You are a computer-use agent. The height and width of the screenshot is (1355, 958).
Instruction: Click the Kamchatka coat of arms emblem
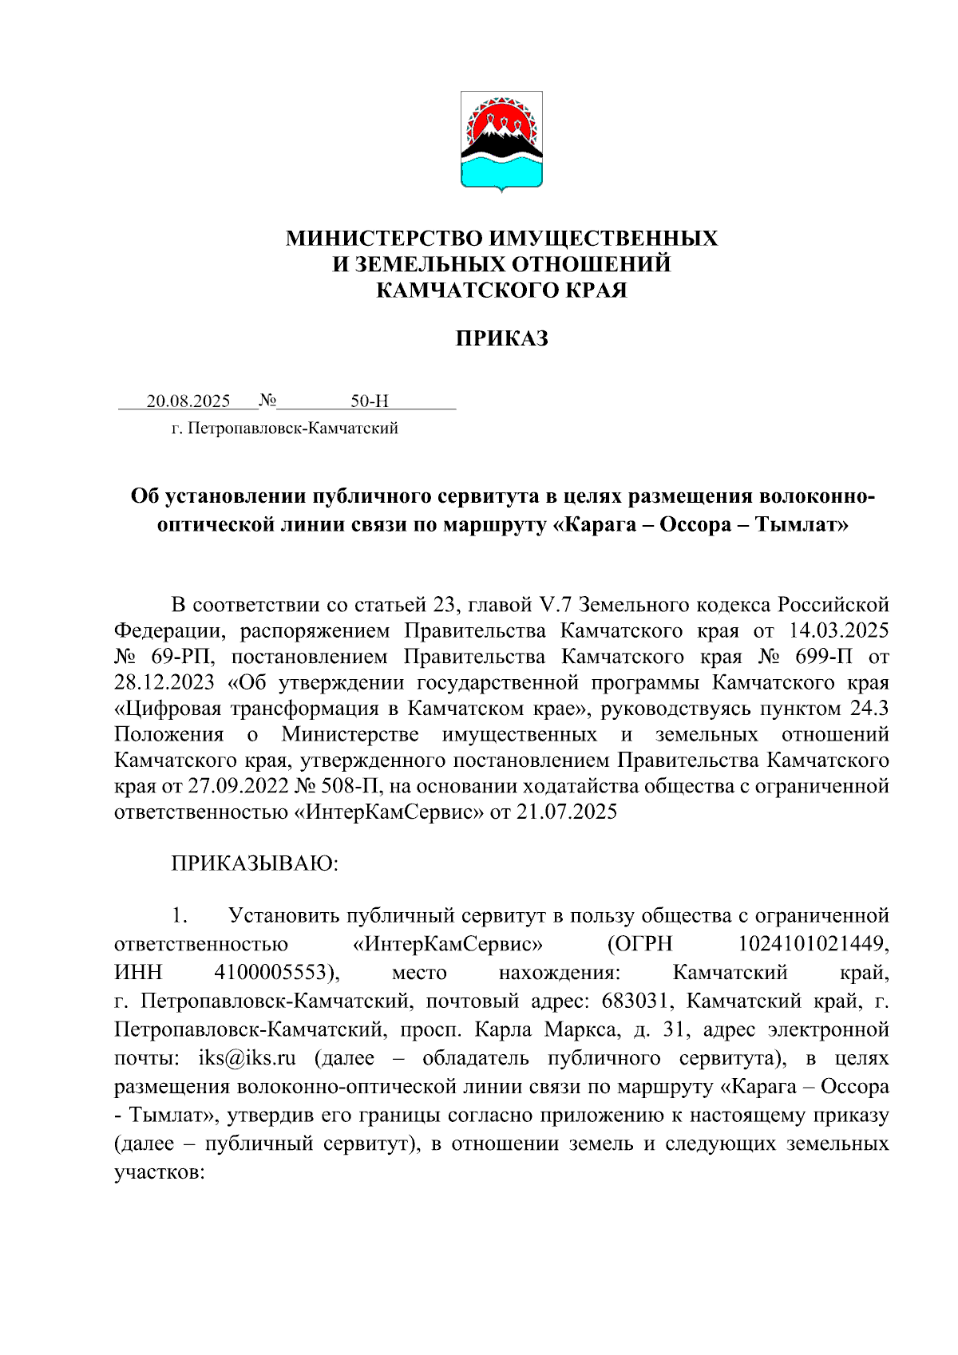(x=501, y=140)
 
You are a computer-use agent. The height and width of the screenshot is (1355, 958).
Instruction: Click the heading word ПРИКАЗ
(x=501, y=338)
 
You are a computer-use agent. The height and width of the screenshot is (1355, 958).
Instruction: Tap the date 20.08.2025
(x=188, y=401)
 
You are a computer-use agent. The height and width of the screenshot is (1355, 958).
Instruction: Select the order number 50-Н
(x=370, y=401)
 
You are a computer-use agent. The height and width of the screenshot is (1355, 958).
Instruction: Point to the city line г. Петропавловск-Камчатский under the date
(x=285, y=429)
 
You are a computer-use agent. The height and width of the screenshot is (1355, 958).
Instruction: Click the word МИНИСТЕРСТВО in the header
(x=384, y=239)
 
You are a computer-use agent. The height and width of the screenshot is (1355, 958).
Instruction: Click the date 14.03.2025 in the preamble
(x=838, y=630)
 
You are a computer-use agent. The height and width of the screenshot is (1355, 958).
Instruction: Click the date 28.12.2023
(x=164, y=683)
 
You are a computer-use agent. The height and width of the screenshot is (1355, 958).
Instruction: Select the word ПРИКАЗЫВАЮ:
(x=255, y=863)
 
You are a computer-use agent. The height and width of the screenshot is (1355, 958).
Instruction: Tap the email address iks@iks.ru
(x=247, y=1058)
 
